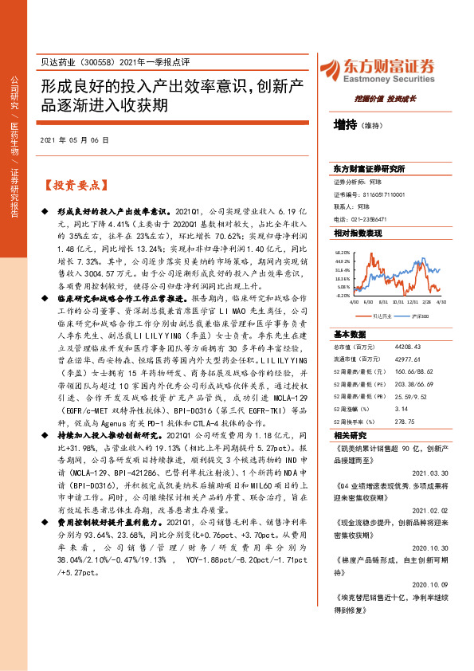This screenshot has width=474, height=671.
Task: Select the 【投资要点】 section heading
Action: point(74,186)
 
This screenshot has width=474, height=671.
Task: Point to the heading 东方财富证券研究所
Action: point(369,170)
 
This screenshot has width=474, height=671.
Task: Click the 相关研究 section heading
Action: point(351,458)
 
